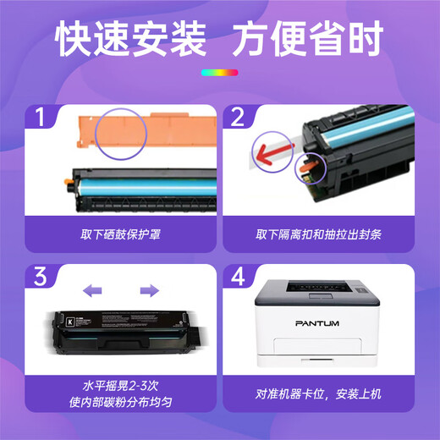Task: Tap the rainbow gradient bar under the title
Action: click(219, 74)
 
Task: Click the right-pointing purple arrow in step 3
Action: click(149, 290)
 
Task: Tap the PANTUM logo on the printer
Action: click(318, 322)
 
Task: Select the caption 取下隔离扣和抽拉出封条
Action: click(320, 233)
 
